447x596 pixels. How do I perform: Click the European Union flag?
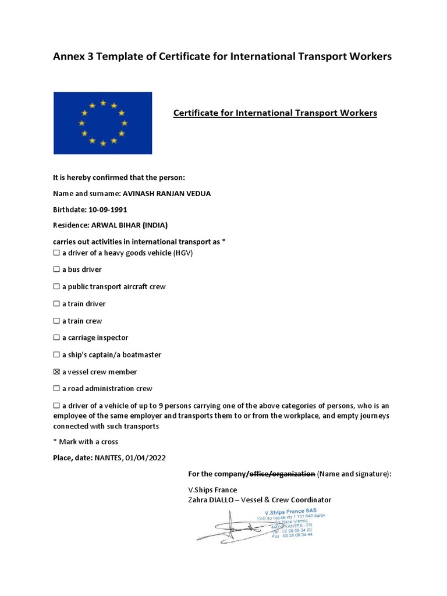tap(102, 123)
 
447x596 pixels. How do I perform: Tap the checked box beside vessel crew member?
tap(56, 372)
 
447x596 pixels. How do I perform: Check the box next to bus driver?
tap(56, 270)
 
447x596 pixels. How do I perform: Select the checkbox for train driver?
tap(56, 304)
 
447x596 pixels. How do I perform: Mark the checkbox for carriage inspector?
tap(56, 338)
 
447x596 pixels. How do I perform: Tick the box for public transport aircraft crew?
tap(56, 287)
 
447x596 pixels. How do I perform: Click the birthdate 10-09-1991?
tap(108, 208)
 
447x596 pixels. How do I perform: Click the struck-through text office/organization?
tap(282, 474)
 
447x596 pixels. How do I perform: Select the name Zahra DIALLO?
tap(208, 500)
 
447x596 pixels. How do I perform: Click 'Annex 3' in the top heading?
tap(72, 56)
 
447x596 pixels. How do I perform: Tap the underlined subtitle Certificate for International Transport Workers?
tap(275, 112)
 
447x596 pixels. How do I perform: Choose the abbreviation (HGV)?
tap(182, 253)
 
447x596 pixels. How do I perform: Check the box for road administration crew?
tap(56, 389)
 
